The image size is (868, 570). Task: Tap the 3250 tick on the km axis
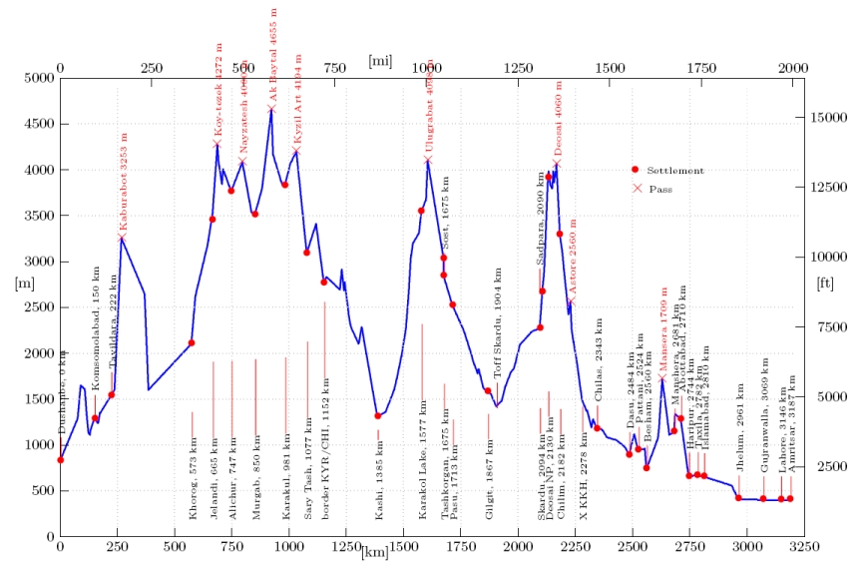[x=790, y=548]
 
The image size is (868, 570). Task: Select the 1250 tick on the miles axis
[x=519, y=68]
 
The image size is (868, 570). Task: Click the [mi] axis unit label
[x=380, y=61]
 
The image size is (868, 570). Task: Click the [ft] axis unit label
[x=825, y=284]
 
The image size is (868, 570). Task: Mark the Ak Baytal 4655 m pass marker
[x=271, y=110]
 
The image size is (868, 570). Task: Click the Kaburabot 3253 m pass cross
[x=122, y=238]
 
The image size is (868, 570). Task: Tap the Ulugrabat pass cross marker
[x=428, y=160]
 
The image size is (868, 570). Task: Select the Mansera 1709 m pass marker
[x=661, y=379]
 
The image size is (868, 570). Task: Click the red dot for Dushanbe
[x=61, y=460]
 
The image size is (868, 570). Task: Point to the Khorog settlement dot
[x=192, y=343]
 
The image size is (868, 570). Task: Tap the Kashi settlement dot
[x=378, y=416]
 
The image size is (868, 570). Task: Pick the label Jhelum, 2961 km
[x=739, y=427]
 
